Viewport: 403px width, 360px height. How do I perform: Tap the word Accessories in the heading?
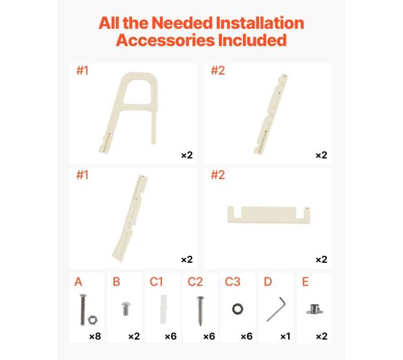[x=165, y=40]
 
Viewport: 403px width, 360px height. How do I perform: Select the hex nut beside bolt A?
[x=92, y=320]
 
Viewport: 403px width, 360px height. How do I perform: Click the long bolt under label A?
[x=82, y=310]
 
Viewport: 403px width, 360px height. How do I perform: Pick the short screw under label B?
[x=126, y=309]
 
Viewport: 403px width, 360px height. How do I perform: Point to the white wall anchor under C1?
[x=164, y=309]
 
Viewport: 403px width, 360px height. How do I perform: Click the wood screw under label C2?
[x=200, y=311]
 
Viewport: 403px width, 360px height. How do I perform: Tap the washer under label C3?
[x=237, y=309]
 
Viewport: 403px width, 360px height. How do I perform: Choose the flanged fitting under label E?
[x=314, y=309]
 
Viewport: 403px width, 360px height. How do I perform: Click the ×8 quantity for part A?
[x=95, y=336]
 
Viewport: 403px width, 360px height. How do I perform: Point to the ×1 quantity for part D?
[x=285, y=336]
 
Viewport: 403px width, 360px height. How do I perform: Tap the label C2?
[x=195, y=282]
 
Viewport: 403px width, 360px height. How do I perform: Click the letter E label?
[x=305, y=282]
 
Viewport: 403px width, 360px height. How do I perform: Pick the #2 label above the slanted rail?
[x=218, y=71]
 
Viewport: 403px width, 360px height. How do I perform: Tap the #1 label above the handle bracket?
[x=82, y=71]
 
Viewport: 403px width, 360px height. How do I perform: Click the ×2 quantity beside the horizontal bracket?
[x=321, y=260]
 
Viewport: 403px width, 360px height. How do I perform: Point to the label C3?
[x=232, y=282]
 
